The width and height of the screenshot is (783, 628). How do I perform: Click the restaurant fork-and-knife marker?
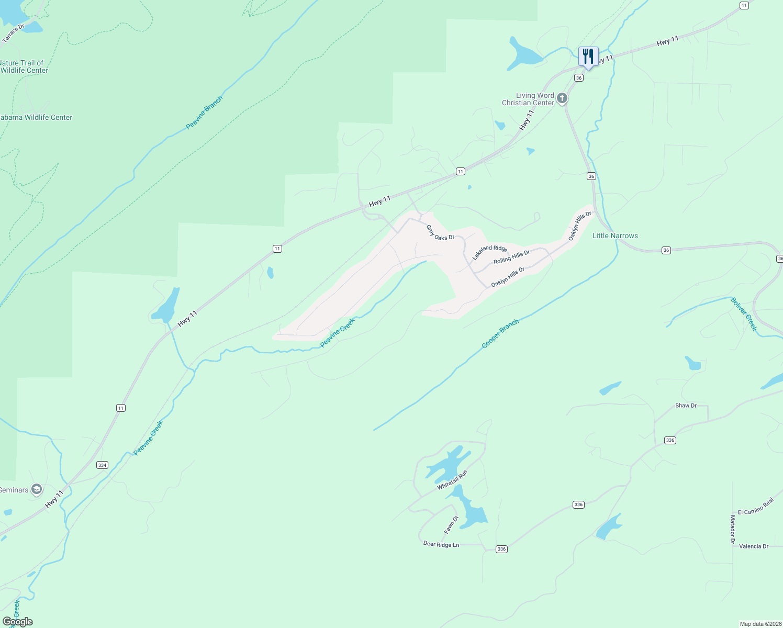point(588,56)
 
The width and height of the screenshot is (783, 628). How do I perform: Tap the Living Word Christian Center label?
point(528,99)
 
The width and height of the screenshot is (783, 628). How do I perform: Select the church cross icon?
point(562,98)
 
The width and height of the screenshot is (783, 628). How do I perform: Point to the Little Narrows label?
point(615,235)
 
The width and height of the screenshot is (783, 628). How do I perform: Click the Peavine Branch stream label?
point(204,113)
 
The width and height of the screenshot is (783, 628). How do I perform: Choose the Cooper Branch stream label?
point(500,333)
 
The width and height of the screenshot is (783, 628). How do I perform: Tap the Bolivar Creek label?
point(744,314)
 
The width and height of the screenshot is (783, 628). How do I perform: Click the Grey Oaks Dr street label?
point(440,233)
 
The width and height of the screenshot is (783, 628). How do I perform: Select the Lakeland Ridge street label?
point(489,252)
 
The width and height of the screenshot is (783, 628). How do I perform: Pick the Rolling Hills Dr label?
point(511,256)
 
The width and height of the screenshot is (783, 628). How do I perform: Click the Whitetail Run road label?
point(452,480)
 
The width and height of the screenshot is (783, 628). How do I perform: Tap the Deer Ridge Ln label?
point(441,544)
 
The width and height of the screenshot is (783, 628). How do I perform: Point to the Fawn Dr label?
point(451,525)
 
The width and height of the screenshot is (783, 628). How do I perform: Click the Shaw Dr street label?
point(686,406)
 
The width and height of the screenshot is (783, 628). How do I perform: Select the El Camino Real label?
point(755,507)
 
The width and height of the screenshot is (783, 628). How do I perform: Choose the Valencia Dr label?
point(754,546)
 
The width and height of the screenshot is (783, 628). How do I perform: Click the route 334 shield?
point(102,465)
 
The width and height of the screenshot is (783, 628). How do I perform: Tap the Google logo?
point(17,622)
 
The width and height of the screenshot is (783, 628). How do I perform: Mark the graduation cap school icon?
point(37,490)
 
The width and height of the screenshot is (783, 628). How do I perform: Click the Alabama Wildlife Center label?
point(36,117)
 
